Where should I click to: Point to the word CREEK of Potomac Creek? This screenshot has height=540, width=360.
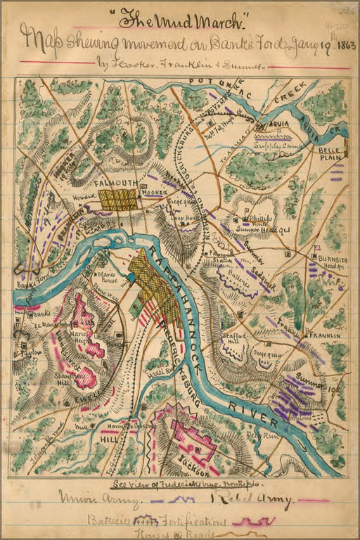click(x=288, y=103)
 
